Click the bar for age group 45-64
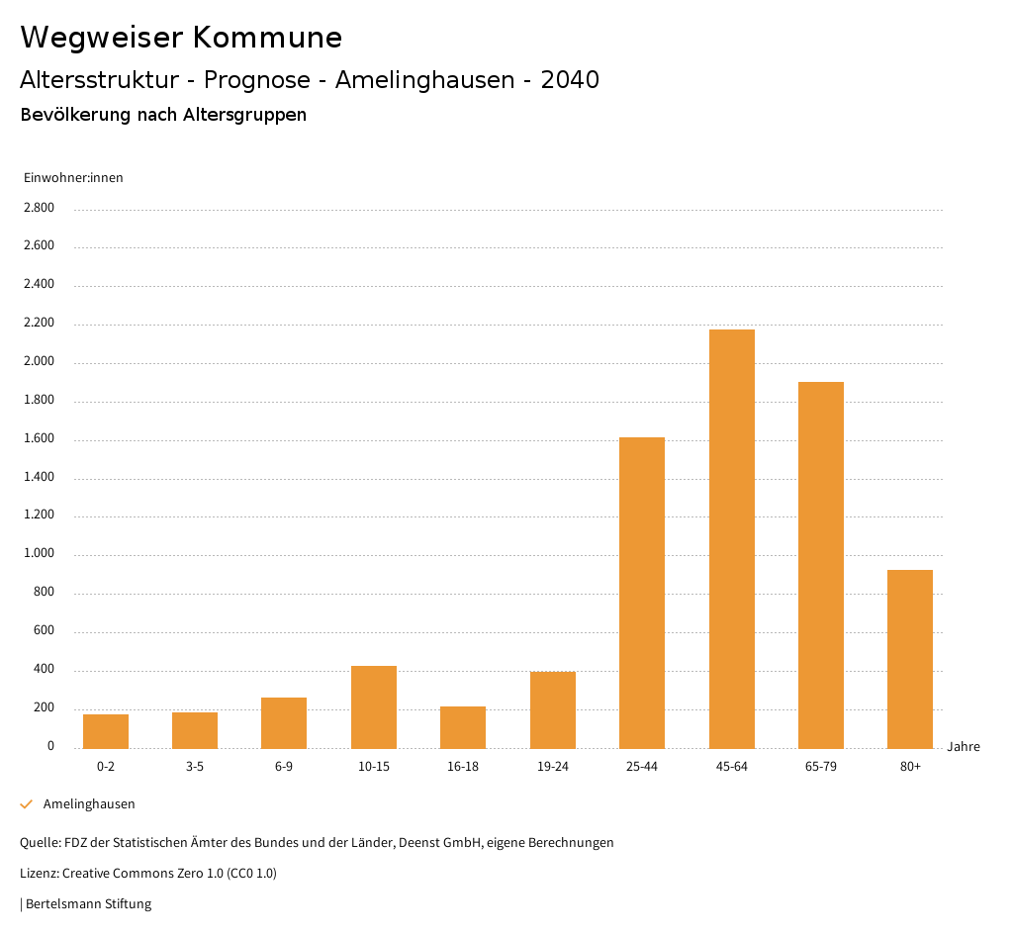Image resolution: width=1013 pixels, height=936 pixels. click(731, 538)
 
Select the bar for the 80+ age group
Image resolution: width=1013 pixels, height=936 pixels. click(910, 659)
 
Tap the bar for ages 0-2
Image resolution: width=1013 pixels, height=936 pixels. click(106, 731)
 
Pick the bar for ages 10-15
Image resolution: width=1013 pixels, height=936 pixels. click(374, 706)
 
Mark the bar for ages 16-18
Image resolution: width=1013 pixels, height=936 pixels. click(463, 727)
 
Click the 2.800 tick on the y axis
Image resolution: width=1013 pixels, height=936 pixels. click(41, 208)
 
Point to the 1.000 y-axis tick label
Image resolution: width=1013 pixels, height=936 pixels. click(41, 554)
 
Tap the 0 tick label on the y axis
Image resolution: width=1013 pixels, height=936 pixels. click(50, 746)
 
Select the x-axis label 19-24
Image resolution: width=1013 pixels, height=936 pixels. click(553, 767)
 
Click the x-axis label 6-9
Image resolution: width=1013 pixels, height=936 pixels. click(284, 767)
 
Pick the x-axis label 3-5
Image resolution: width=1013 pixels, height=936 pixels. click(195, 767)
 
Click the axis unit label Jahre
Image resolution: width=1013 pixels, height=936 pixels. click(964, 747)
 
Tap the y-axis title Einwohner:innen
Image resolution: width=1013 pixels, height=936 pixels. click(73, 178)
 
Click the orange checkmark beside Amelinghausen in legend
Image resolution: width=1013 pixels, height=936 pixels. click(27, 804)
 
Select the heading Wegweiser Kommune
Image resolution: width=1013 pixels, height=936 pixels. click(181, 38)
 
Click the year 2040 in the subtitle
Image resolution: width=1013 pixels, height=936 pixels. click(570, 80)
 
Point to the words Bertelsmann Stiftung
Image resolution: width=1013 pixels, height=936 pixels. click(88, 903)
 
